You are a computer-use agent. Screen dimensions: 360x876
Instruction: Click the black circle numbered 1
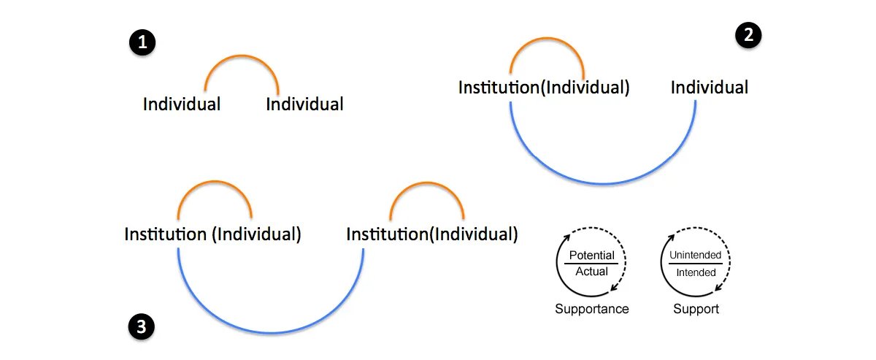142,42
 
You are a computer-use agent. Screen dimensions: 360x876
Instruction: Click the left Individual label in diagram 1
182,104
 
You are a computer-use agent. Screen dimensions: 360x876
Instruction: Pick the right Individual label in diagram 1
304,104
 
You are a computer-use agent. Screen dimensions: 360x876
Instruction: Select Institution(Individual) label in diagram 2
544,88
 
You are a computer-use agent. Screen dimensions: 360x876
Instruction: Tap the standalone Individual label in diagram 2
710,88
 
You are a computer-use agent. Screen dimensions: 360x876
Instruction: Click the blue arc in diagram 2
603,183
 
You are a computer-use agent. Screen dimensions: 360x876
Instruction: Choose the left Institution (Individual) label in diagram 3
212,235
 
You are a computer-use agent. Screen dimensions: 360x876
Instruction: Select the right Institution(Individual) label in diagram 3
432,235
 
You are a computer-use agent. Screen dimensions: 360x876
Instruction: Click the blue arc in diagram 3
271,332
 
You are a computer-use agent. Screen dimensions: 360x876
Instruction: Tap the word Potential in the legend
592,256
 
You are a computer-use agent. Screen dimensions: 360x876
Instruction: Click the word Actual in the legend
592,272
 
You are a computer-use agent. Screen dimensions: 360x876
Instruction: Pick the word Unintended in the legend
696,256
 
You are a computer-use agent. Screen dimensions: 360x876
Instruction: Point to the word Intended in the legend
696,272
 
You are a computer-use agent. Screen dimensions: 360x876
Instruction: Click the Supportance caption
592,309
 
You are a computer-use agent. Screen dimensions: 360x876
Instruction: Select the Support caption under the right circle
696,309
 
